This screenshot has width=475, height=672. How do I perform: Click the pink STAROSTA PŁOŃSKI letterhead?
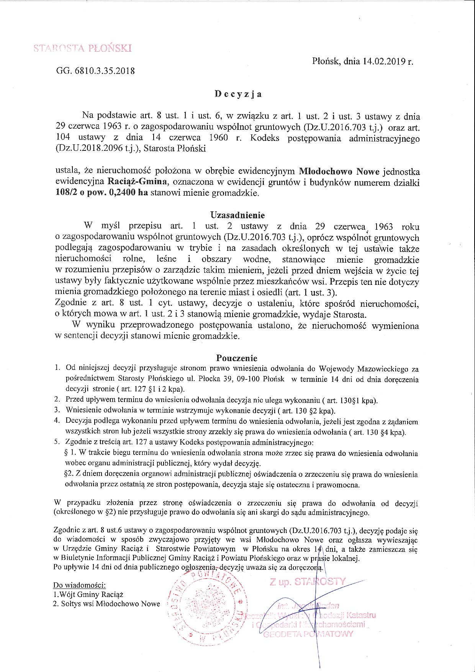(82, 48)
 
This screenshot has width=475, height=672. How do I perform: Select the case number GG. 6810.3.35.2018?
(95, 71)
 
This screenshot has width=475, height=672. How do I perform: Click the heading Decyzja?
(238, 94)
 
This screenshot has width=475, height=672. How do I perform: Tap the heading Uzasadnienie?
(237, 215)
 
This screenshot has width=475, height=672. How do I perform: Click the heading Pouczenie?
(237, 358)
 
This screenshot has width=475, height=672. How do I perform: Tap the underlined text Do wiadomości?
(79, 585)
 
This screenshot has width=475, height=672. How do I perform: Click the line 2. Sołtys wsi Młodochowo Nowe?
(106, 604)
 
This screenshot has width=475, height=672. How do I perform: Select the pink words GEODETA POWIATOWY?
(307, 634)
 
